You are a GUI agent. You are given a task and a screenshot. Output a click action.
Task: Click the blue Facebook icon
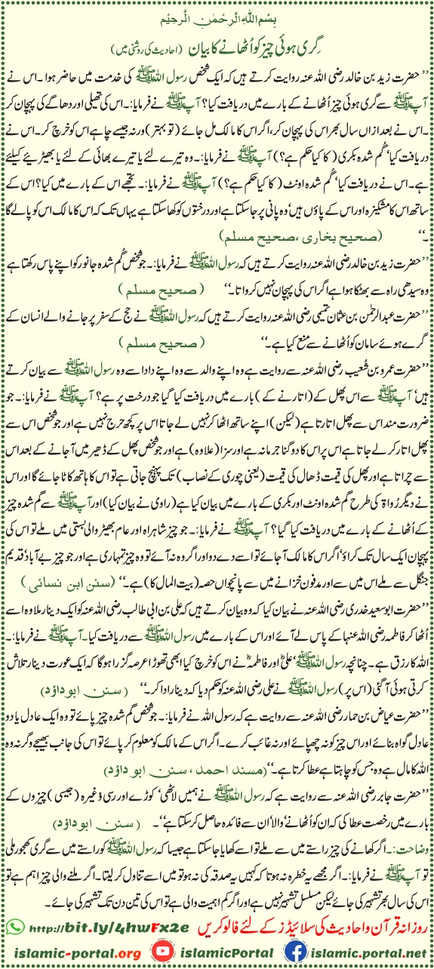click(x=294, y=947)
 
